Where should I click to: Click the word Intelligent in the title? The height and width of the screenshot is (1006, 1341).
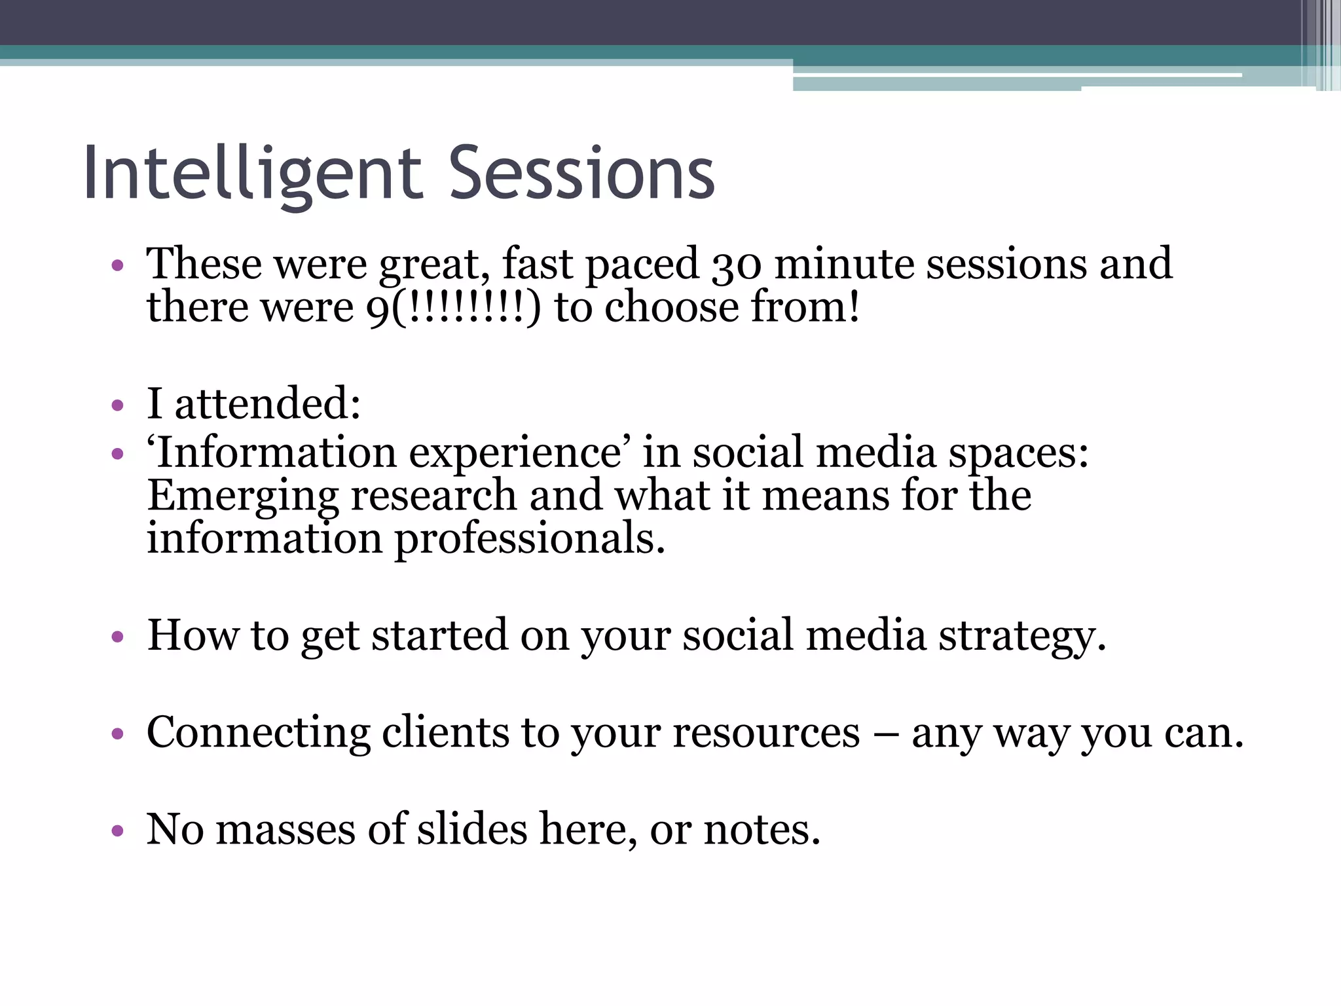tap(252, 174)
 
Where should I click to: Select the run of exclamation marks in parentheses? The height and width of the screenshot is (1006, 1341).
tap(468, 308)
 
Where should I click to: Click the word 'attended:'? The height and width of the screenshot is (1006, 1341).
tap(268, 403)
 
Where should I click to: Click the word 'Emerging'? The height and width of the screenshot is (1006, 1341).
tap(242, 496)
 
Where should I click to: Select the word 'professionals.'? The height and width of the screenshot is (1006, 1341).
tap(530, 539)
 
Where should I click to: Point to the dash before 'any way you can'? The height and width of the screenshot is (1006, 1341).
tap(885, 734)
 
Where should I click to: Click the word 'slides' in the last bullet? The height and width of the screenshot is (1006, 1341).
tap(472, 829)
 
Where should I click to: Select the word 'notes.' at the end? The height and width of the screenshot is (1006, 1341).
tap(762, 829)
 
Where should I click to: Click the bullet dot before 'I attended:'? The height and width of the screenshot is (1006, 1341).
tap(118, 405)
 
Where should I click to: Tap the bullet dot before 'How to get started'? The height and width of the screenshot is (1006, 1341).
tap(118, 637)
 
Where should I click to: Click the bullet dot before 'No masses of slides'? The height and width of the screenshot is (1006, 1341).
tap(118, 831)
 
